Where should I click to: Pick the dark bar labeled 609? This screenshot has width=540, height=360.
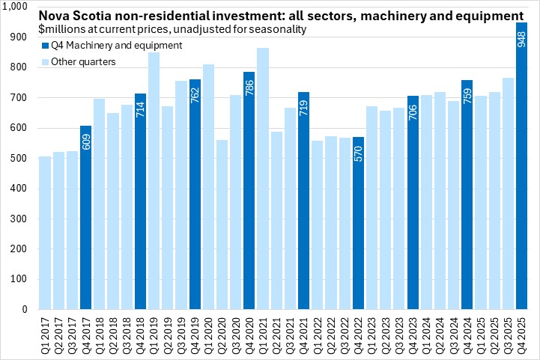[85, 225]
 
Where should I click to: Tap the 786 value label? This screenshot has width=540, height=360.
[249, 86]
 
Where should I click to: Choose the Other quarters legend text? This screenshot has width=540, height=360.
[82, 61]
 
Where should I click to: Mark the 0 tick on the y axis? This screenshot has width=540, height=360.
[24, 309]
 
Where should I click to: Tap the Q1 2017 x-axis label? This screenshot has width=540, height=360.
[45, 334]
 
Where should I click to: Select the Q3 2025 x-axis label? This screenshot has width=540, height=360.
[508, 334]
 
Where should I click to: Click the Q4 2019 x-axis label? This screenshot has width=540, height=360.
[195, 334]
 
